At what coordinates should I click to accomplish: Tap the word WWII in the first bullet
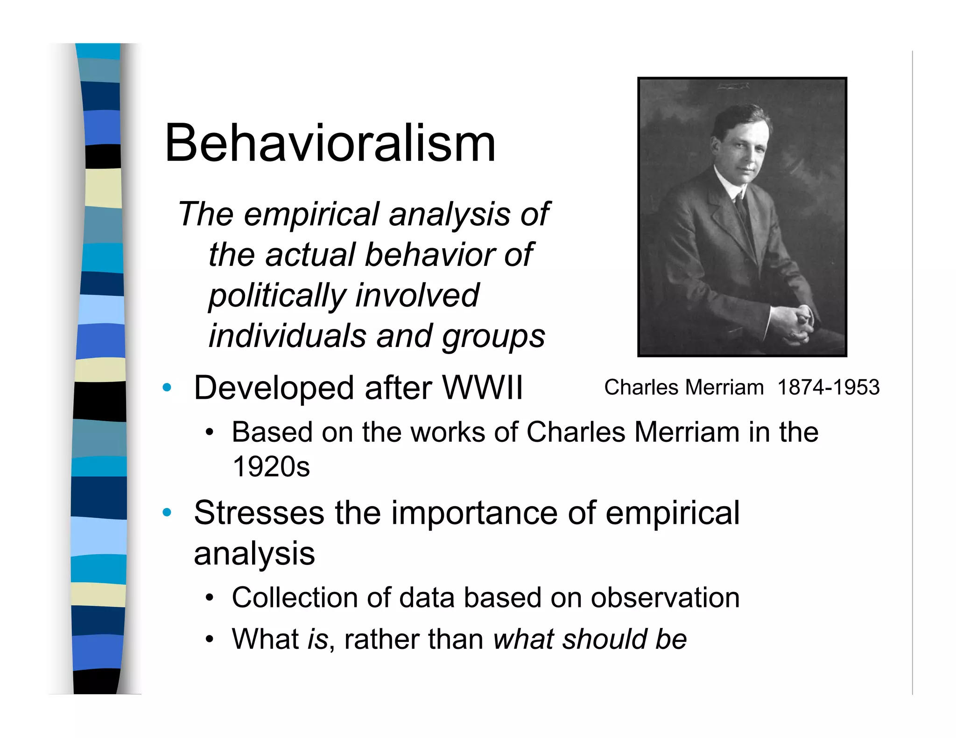(482, 388)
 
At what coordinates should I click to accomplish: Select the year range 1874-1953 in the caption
(828, 387)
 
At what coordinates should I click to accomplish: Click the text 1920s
(271, 466)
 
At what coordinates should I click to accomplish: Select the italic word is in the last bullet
(317, 639)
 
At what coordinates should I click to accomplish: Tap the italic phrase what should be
(590, 639)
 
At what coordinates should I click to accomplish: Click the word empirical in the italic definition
(311, 214)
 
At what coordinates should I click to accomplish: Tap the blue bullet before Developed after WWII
(167, 388)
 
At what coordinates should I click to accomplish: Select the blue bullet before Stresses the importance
(167, 513)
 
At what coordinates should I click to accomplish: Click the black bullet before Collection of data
(210, 598)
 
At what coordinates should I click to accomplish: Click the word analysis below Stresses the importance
(254, 554)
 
